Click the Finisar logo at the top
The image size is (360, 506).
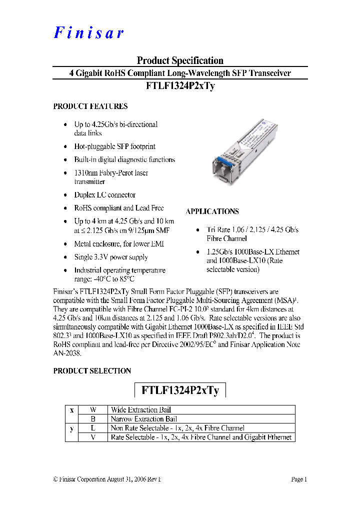pos(88,33)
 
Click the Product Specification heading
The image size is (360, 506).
pos(180,60)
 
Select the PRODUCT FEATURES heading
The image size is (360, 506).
pos(90,106)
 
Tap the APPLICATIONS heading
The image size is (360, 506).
pos(212,211)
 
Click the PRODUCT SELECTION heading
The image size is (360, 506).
pos(92,371)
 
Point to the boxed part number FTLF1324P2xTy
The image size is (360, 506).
pos(180,390)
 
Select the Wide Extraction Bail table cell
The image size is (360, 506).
pos(141,410)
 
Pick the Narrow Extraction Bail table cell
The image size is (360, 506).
pos(144,419)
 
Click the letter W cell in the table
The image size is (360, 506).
pos(93,410)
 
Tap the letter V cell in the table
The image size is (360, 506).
pos(93,437)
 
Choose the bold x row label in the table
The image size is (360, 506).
pos(72,410)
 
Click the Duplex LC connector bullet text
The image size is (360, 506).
pos(105,195)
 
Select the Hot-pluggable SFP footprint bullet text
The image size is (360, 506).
pos(115,146)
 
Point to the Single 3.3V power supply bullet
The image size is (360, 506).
pos(111,257)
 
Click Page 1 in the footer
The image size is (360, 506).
pos(298,479)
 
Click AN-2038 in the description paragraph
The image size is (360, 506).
pos(67,352)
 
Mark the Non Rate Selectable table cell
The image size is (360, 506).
pos(177,428)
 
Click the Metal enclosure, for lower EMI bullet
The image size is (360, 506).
pos(119,244)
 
